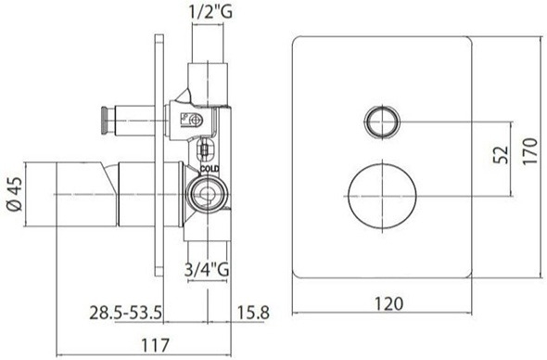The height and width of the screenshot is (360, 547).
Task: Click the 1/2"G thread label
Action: pos(210,12)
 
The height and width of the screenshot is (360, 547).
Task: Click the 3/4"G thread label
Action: pos(207,269)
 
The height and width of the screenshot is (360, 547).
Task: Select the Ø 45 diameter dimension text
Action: pos(15,194)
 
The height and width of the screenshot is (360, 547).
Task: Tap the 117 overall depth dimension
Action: pos(155,345)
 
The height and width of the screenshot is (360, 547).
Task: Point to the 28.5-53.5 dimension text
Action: pos(125,313)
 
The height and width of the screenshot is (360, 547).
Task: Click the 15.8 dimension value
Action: pos(253,313)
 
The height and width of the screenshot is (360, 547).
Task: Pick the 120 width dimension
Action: pos(388,303)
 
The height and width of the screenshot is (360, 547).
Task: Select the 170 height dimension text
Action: pos(530,151)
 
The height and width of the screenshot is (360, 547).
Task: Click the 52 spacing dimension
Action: pos(502,155)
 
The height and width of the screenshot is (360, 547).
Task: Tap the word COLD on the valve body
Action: pos(210,169)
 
